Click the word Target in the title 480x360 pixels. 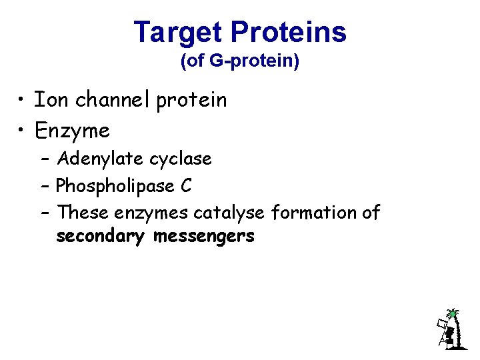pos(178,32)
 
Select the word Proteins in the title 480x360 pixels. pos(289,32)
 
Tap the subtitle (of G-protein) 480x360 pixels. pos(240,62)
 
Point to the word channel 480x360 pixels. pos(113,100)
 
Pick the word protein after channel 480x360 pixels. pos(191,101)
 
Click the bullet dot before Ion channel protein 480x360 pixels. pos(23,101)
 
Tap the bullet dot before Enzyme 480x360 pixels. pos(23,131)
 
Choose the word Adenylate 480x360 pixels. pos(100,159)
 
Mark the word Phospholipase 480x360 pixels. pos(116,187)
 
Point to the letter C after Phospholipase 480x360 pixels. pos(186,186)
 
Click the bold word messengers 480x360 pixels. pos(204,237)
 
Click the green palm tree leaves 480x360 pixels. pos(453,313)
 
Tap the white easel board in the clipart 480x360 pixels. pos(441,325)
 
